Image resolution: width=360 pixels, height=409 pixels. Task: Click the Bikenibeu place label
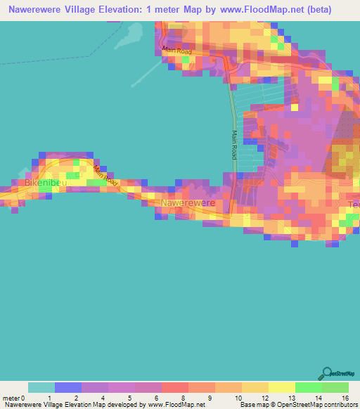[46, 182]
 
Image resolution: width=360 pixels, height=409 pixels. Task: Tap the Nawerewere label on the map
[186, 203]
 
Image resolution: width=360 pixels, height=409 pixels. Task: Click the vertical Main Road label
[235, 143]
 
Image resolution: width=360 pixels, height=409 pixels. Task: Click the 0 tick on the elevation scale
[29, 397]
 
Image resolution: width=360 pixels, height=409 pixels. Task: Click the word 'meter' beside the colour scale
[11, 397]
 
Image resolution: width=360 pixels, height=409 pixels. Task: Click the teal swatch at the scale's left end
[41, 387]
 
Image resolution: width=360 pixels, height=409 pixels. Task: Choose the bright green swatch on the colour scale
[335, 387]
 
